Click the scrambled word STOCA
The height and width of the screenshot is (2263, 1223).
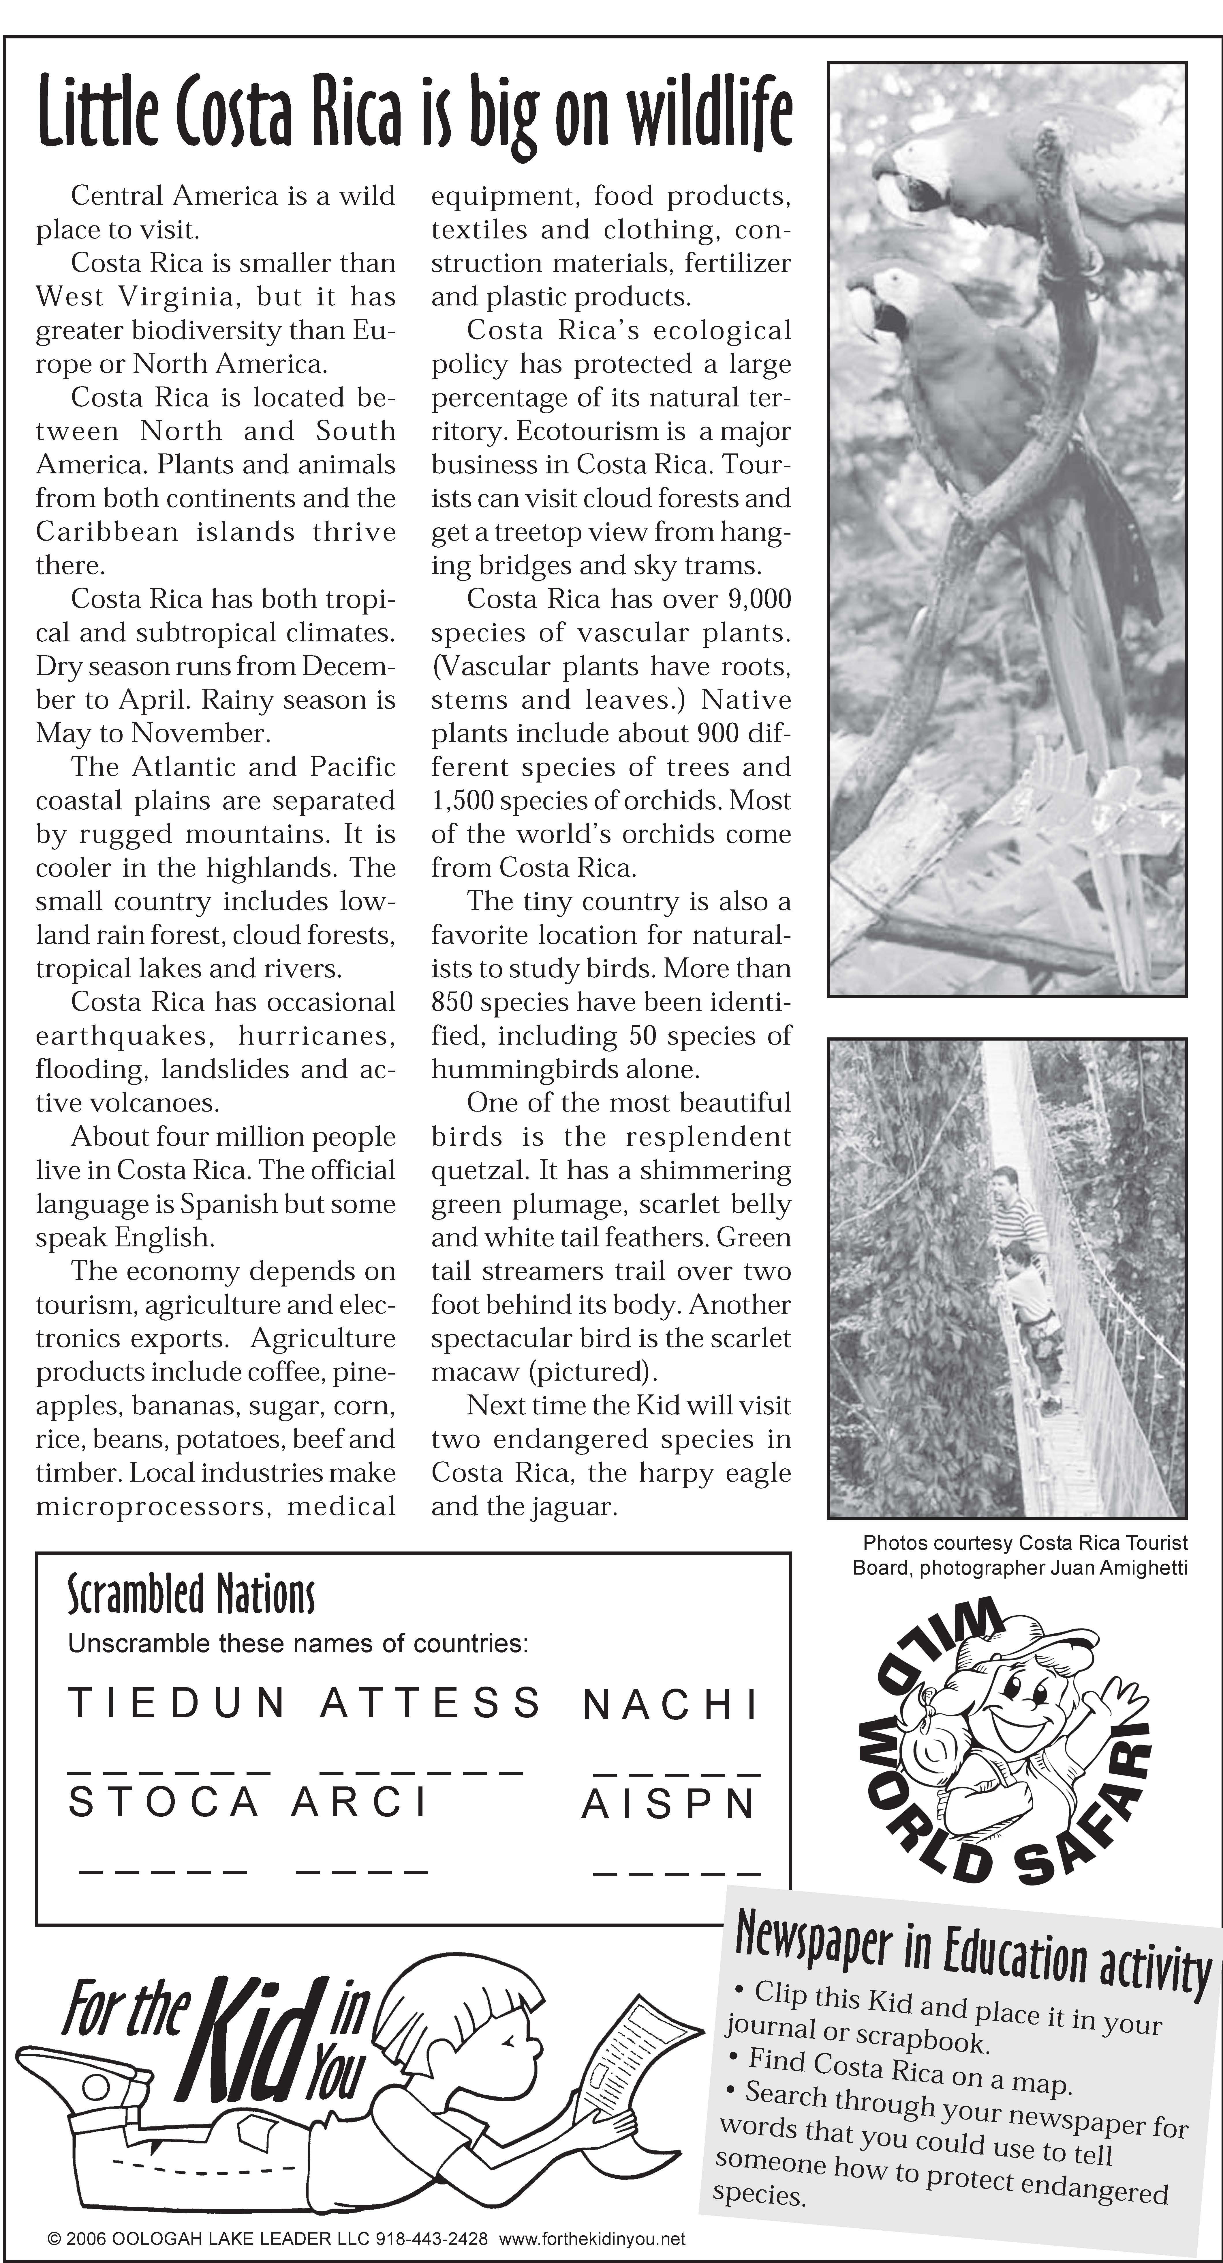(x=164, y=1803)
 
